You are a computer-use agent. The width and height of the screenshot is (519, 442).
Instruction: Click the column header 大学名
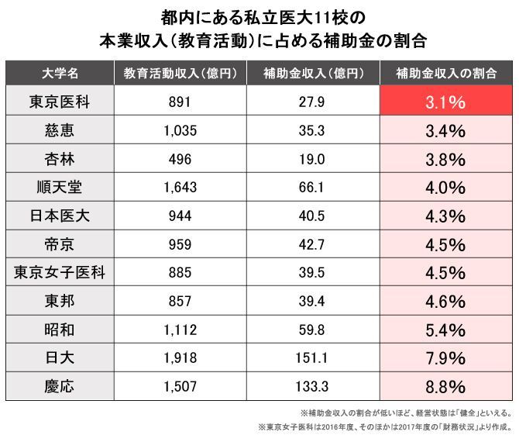tap(60, 74)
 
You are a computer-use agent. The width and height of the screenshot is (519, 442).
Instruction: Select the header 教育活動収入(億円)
tap(179, 74)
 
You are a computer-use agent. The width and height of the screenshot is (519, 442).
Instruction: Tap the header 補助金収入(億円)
tap(312, 74)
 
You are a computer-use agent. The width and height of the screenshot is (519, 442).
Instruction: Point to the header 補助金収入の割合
tap(445, 74)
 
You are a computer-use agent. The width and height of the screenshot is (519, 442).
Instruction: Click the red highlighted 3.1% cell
tap(445, 102)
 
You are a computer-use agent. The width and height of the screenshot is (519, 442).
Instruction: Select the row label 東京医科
tap(60, 102)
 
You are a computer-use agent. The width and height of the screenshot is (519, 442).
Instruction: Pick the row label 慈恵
tap(60, 130)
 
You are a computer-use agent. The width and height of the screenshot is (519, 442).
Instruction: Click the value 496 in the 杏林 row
tap(179, 159)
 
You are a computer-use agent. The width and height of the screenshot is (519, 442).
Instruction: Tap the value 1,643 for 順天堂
tap(179, 187)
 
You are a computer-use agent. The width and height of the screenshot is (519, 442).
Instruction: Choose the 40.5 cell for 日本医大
tap(312, 216)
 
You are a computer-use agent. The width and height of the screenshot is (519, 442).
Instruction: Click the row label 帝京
tap(60, 244)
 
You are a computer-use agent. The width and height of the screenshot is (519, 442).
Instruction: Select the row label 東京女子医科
tap(60, 272)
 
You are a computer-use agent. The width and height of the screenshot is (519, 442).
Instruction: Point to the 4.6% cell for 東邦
tap(445, 301)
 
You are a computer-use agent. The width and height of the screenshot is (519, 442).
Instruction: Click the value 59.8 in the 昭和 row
tap(312, 330)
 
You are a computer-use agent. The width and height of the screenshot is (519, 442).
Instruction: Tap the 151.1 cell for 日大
tap(312, 357)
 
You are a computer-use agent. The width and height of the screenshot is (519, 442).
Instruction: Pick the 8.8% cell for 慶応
tap(445, 386)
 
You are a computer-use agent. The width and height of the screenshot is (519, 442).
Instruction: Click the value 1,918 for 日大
tap(179, 357)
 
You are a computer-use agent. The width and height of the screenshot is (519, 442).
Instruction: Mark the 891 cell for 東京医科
tap(179, 102)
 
